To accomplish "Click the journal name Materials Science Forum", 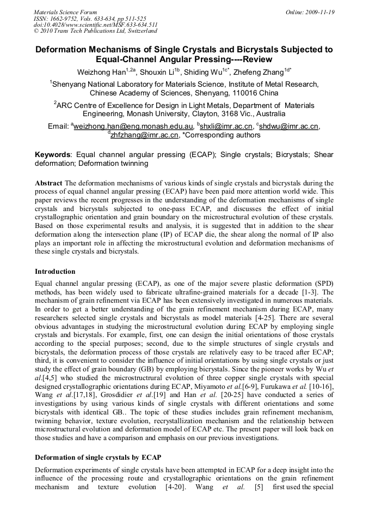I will [x=65, y=11].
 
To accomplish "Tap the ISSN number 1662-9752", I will [x=68, y=18].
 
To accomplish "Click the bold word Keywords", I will [x=54, y=155].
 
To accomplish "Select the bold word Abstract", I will [x=48, y=183].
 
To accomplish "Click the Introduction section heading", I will [x=55, y=271].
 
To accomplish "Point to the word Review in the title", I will [x=255, y=59].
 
